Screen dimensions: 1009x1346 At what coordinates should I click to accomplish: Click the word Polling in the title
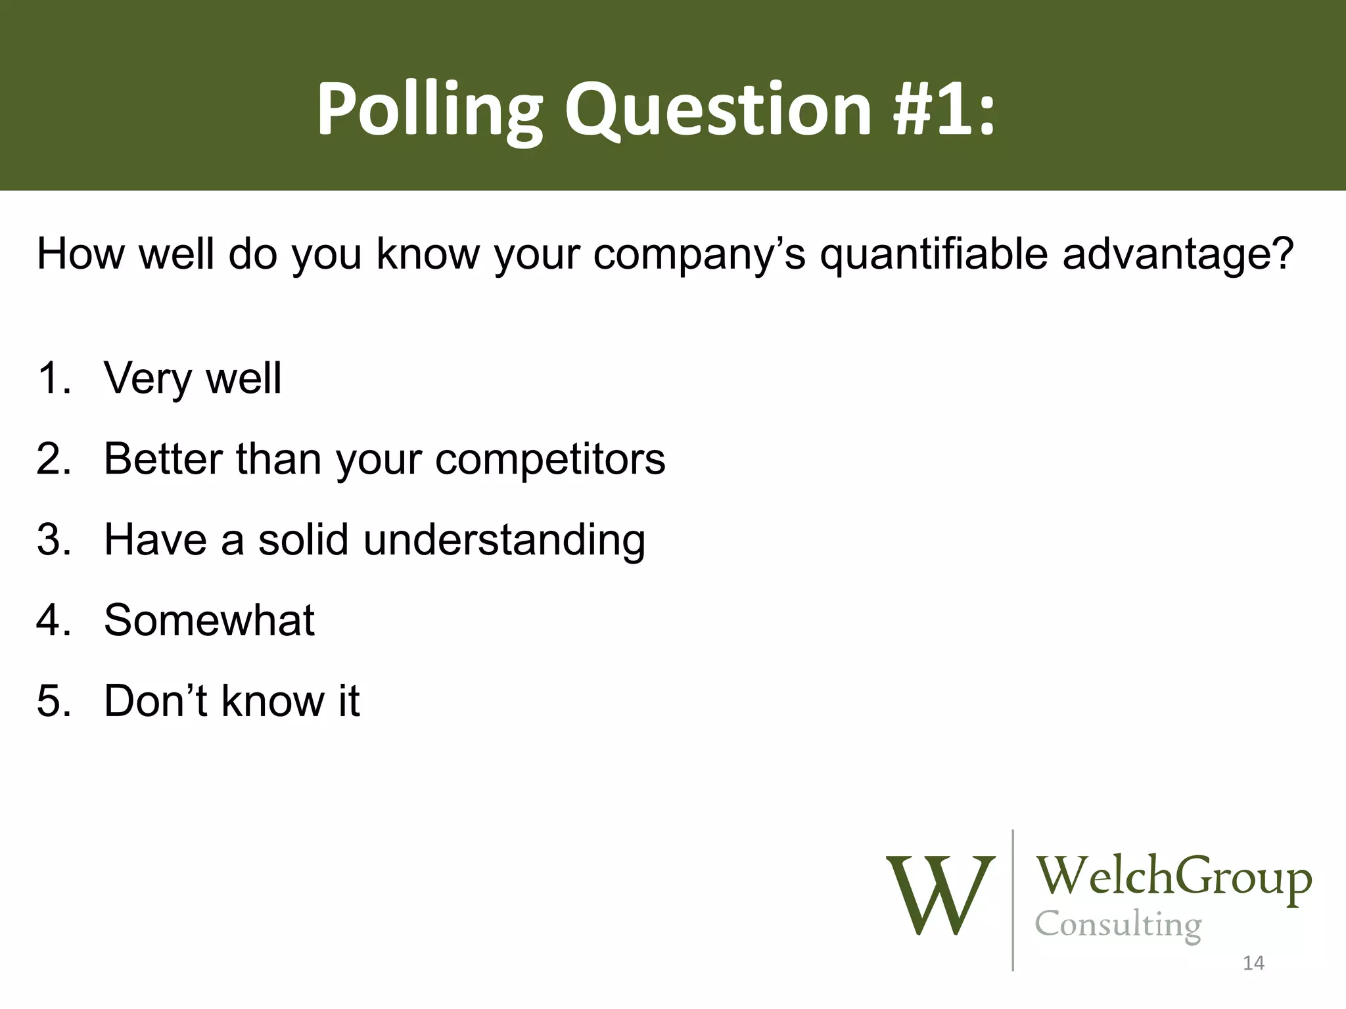tap(429, 110)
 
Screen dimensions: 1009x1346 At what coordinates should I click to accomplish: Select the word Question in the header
tap(718, 110)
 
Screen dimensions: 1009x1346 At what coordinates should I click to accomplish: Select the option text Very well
tap(193, 379)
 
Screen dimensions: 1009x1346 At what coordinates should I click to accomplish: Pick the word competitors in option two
tap(550, 460)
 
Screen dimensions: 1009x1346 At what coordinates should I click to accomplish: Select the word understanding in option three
tap(504, 540)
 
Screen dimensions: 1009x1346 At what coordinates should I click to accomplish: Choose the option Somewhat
tap(209, 620)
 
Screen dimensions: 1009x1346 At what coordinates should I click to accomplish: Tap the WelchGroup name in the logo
tap(1174, 877)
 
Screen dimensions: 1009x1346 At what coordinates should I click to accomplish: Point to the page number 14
tap(1253, 963)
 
